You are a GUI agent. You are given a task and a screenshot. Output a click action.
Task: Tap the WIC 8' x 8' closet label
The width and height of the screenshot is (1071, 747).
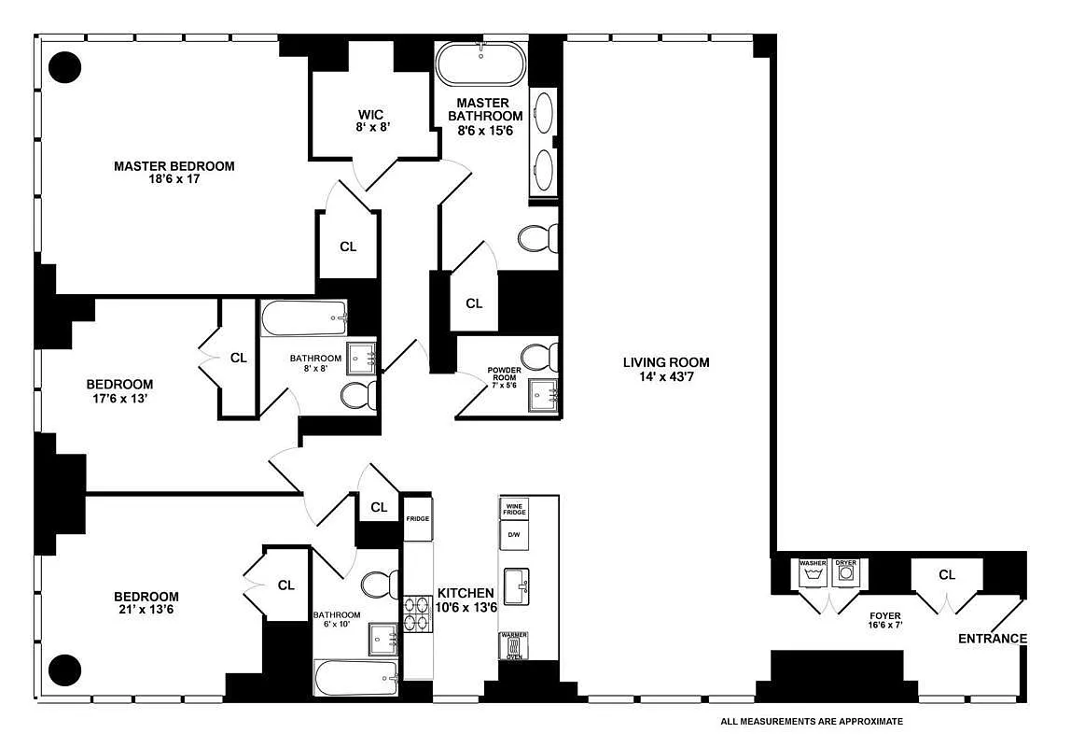[372, 120]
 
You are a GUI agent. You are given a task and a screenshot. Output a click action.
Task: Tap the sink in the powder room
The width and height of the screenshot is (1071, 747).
[542, 396]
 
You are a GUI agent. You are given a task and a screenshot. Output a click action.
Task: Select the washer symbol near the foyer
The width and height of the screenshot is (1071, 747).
[813, 573]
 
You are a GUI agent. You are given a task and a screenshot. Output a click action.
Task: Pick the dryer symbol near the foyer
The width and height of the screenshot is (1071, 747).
[846, 573]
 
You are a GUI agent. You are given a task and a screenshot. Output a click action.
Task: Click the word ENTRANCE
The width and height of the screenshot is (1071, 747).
[993, 640]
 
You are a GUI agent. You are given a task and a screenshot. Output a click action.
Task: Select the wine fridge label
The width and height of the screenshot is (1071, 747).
[515, 509]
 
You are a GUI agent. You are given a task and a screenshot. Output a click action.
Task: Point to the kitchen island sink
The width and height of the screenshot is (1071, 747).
[515, 586]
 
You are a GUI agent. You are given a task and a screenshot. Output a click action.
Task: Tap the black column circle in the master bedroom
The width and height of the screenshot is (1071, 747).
[64, 67]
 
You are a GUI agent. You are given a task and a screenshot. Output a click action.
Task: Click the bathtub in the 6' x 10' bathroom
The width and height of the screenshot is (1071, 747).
[357, 677]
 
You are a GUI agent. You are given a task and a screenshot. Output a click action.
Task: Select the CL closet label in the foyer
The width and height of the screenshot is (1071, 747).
[947, 575]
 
